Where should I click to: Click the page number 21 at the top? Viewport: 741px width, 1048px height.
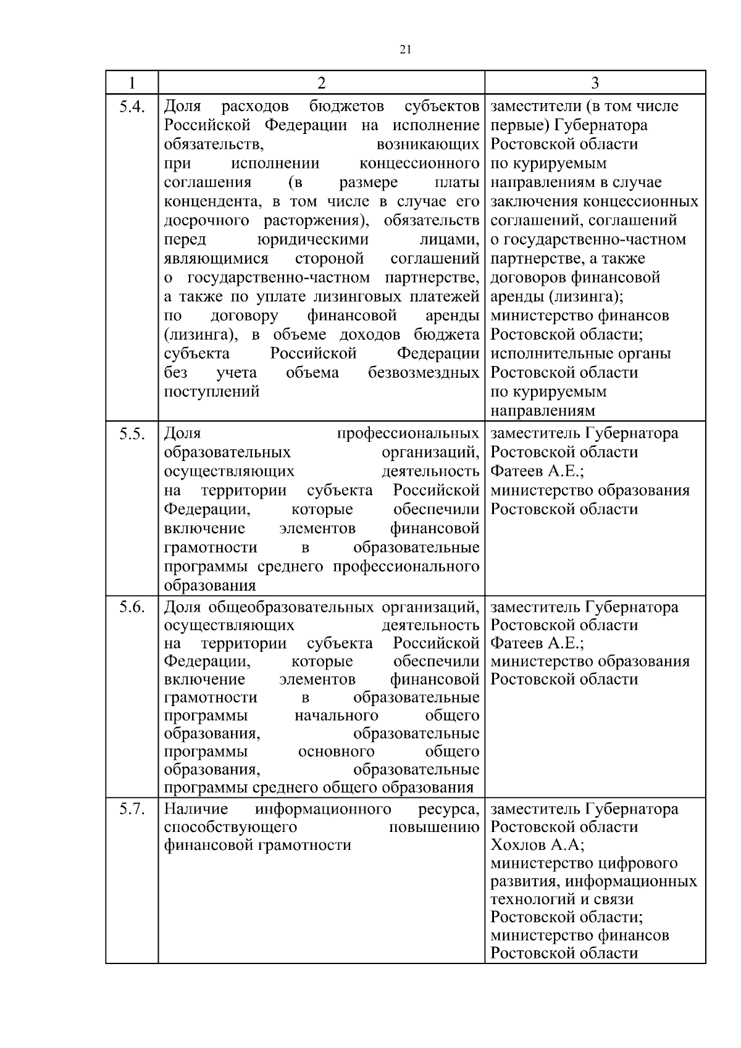406,50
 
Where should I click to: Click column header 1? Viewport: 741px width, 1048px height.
132,83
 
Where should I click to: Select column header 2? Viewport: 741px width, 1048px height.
321,83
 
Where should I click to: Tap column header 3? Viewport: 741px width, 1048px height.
595,83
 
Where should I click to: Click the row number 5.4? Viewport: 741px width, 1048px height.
132,107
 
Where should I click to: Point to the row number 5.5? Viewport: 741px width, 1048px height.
132,435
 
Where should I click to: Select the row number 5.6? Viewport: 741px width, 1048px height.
132,607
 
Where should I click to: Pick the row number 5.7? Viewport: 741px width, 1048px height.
132,809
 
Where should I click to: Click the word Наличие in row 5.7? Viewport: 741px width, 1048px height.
196,809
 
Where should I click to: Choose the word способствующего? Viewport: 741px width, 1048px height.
230,827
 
